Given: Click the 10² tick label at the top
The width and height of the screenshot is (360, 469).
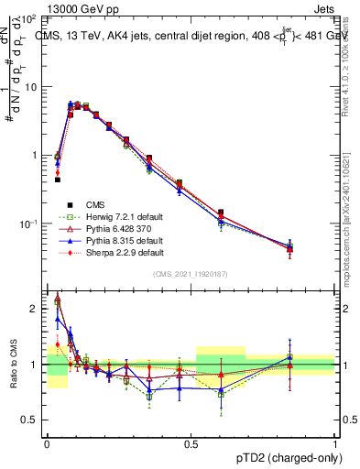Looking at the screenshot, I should point(31,17).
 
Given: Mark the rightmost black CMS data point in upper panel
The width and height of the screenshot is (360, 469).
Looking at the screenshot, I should point(315,247).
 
